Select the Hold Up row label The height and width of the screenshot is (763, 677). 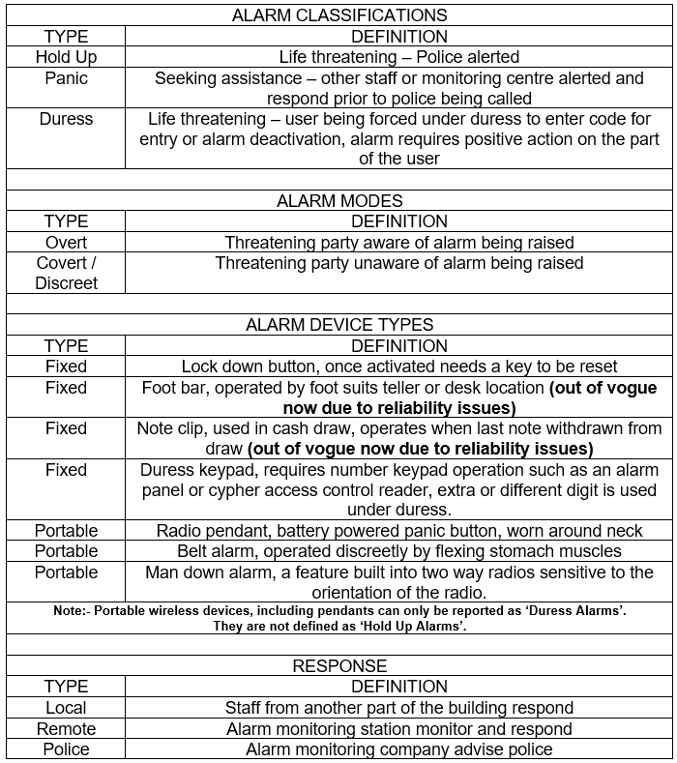66,57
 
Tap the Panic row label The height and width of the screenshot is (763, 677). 66,77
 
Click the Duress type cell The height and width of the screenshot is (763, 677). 66,119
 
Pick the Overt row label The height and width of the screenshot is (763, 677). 66,242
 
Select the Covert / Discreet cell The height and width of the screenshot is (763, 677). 66,273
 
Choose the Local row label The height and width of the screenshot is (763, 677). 66,708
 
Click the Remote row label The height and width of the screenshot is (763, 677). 66,728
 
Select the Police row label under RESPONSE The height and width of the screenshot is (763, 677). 66,749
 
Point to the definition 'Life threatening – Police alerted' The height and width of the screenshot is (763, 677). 398,57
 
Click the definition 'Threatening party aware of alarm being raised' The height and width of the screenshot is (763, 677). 398,242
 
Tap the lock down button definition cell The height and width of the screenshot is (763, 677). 398,367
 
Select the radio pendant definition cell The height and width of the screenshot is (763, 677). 398,531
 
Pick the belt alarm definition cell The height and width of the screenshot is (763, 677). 398,551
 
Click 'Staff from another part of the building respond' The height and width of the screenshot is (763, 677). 398,708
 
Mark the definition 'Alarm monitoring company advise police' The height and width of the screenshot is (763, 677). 398,749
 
